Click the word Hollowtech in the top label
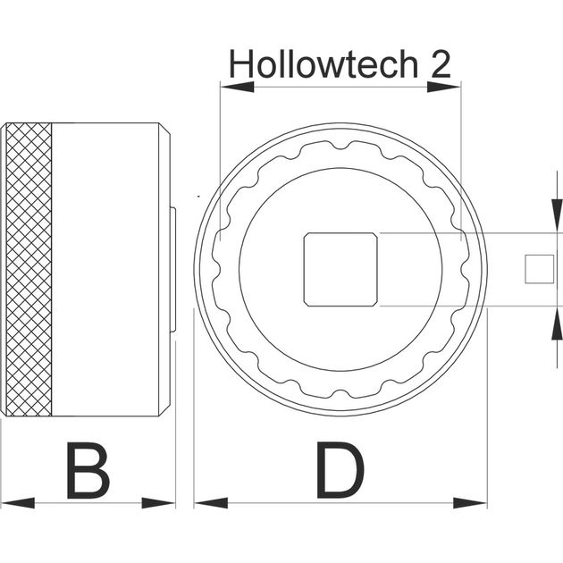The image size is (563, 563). point(324,63)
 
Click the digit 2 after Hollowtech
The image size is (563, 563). point(441,64)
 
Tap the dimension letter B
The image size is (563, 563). point(88,470)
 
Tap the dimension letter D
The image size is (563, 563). point(340,470)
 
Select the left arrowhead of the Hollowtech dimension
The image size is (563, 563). point(238,87)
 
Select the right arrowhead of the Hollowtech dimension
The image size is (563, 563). point(444,87)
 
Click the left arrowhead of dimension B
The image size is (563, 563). point(18,502)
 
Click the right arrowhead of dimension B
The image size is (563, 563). point(158,502)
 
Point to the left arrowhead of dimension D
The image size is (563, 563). point(211,502)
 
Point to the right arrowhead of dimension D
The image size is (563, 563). point(470,502)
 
